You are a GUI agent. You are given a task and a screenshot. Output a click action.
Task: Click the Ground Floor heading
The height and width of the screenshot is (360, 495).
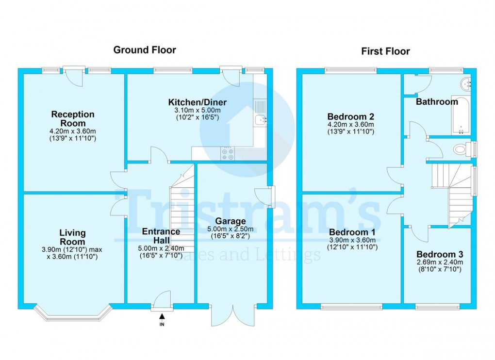pos(144,50)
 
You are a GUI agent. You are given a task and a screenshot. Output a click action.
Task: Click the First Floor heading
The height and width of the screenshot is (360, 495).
pos(385,51)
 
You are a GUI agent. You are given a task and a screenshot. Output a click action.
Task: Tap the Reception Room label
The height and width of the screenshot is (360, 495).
pos(73,118)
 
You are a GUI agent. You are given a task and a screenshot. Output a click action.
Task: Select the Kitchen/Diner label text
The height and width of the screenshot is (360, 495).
pos(197,102)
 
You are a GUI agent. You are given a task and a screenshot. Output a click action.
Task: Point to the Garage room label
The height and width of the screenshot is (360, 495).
pos(234,222)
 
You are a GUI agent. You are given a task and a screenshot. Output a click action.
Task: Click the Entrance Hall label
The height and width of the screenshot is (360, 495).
pos(161,236)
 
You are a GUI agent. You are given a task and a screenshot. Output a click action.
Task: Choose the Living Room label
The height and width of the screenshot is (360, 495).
pos(73,237)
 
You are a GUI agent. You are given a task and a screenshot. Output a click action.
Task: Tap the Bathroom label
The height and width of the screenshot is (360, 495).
pos(436,102)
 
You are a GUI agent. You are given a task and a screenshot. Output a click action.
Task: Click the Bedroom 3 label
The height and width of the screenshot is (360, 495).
pos(439,255)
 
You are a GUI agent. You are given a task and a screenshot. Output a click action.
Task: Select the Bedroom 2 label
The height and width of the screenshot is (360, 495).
pos(350,117)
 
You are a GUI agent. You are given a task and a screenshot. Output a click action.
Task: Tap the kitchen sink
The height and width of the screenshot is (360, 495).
pos(260,119)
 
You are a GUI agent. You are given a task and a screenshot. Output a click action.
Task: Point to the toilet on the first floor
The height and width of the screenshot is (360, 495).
pos(462,149)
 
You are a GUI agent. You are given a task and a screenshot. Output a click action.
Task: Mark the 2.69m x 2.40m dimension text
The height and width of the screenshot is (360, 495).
pos(439,262)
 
